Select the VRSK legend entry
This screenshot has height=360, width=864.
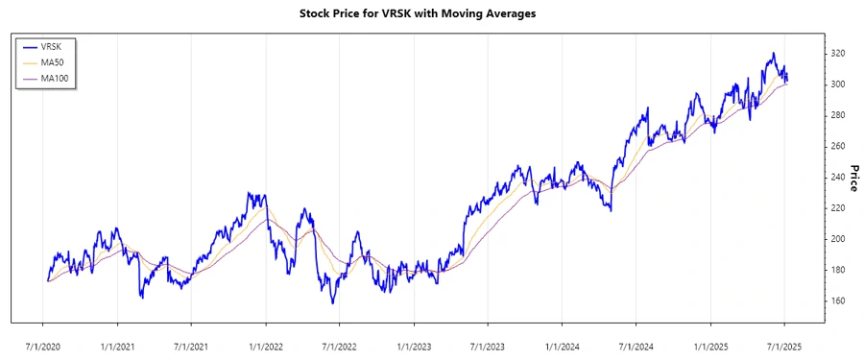52,46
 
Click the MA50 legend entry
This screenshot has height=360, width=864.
53,61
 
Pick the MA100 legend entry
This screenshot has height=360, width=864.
55,78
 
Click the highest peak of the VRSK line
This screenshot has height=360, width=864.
773,53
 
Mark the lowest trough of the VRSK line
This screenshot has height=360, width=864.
332,303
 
